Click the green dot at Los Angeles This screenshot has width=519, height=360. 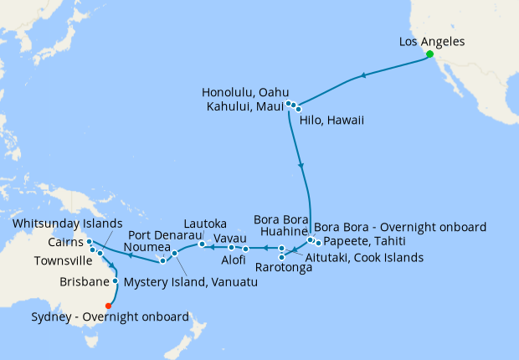pos(429,54)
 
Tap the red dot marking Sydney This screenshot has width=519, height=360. pos(109,305)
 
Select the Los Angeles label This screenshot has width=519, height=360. pos(432,41)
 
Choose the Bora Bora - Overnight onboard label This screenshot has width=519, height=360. pos(400,227)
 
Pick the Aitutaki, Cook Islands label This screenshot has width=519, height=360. pos(364,257)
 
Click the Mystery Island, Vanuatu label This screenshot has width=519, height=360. pos(190,282)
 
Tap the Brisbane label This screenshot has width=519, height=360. pos(85,282)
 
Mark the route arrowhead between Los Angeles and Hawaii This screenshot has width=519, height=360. pos(363,77)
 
